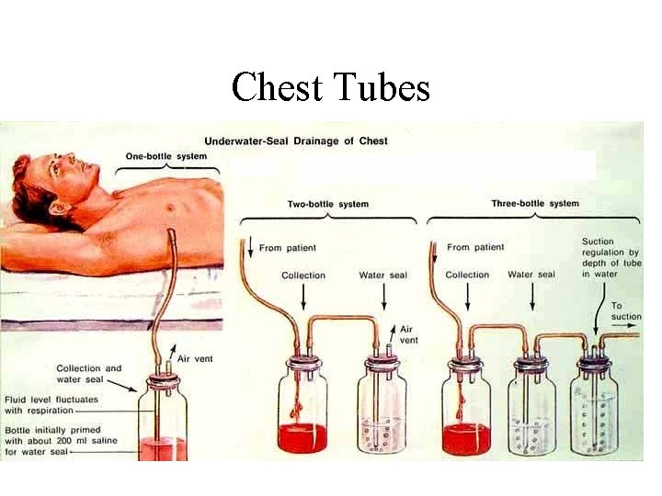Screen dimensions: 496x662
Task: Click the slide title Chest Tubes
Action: tap(331, 87)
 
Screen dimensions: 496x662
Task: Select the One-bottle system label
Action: tap(172, 156)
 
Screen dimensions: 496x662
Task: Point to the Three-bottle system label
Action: tap(533, 203)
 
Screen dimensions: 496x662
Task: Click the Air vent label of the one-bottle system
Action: tap(194, 358)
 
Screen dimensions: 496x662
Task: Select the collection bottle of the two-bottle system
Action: tap(303, 409)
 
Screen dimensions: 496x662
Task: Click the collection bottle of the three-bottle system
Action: tap(466, 409)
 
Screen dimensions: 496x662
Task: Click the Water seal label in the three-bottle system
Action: tap(531, 275)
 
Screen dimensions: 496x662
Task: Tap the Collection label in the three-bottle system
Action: tap(467, 275)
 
